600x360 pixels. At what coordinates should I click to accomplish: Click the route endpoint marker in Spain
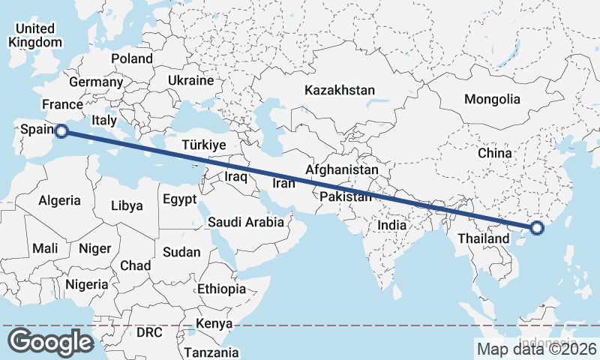click(61, 131)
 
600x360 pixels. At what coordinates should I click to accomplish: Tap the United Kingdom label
click(35, 35)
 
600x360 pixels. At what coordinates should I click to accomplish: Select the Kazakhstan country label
click(339, 90)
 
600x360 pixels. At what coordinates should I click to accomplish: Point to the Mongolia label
click(492, 99)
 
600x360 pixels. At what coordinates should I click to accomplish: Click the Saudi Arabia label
click(246, 222)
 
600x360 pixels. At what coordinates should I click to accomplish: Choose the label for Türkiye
click(204, 145)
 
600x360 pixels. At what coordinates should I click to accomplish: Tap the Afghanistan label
click(341, 170)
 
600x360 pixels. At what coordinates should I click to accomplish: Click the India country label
click(391, 224)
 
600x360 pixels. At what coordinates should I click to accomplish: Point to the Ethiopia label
click(221, 289)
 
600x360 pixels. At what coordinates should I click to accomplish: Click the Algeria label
click(59, 200)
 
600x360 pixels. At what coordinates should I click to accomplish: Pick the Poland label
click(132, 58)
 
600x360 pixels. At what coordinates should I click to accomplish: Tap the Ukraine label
click(190, 79)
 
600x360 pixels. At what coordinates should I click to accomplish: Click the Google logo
click(51, 342)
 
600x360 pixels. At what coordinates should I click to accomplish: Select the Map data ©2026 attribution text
click(537, 349)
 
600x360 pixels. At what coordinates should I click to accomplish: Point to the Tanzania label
click(212, 352)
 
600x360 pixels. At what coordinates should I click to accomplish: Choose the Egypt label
click(179, 199)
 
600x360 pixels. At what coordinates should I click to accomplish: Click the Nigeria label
click(87, 284)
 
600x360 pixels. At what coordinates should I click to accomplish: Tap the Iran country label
click(284, 183)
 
